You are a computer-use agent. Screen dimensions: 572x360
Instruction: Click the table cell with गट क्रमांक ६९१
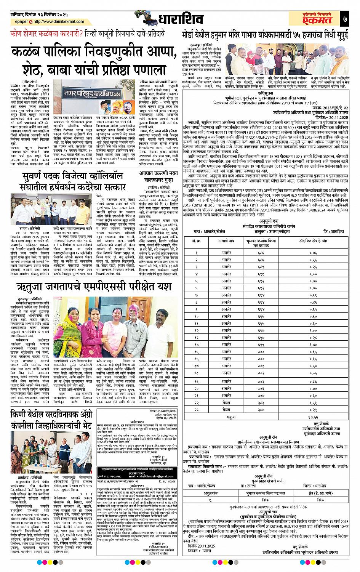271,274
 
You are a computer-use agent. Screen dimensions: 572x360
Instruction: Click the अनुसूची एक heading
271,221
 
